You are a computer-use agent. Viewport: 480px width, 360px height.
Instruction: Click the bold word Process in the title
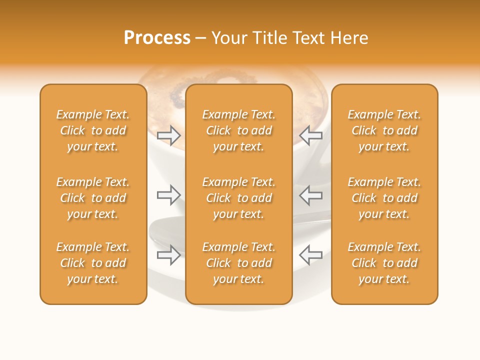point(157,38)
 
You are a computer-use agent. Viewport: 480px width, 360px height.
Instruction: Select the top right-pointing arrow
point(169,135)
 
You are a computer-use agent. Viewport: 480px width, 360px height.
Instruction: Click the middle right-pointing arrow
point(169,194)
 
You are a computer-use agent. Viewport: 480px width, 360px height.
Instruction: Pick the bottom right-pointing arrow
point(169,254)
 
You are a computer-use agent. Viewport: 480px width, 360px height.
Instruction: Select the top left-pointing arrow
point(310,135)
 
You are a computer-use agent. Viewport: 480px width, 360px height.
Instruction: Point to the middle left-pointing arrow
point(310,194)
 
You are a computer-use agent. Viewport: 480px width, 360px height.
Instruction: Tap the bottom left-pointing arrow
point(310,254)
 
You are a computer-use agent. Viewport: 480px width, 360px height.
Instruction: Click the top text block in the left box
point(93,130)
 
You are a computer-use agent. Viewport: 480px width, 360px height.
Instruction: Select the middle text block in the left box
point(93,198)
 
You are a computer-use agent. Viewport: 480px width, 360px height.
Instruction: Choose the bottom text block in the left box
point(93,263)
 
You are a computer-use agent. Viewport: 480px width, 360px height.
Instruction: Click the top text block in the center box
point(239,130)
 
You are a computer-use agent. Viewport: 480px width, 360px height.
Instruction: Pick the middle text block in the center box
point(239,198)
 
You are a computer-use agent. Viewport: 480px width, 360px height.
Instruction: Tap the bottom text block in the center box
point(239,263)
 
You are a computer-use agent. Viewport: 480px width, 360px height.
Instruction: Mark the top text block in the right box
point(384,130)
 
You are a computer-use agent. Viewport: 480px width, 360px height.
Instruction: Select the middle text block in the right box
point(384,198)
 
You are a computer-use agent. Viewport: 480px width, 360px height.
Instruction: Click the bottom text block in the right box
point(384,263)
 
